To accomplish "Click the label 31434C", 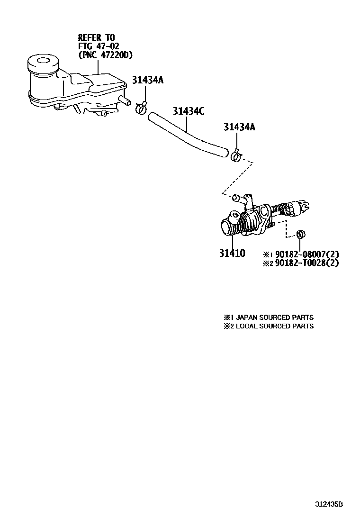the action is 188,111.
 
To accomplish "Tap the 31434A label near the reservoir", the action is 147,80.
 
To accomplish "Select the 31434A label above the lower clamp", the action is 240,127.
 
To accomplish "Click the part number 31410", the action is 232,254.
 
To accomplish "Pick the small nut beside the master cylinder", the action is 300,234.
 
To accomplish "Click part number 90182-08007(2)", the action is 307,254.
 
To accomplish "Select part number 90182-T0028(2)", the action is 307,263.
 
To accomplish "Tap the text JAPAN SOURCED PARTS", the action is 274,317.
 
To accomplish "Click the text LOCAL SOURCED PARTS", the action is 274,326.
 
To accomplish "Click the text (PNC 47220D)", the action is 106,55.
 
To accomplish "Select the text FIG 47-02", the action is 99,46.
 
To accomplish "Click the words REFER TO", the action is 96,37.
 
